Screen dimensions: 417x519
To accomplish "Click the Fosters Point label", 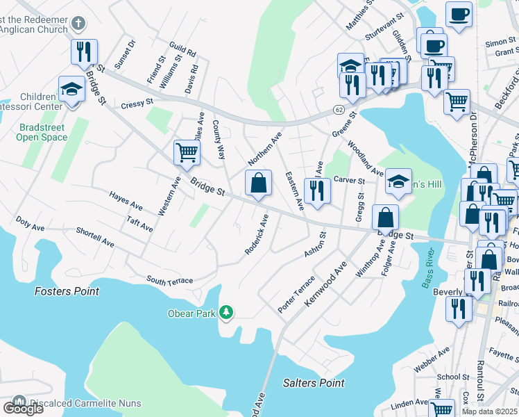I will [x=67, y=291].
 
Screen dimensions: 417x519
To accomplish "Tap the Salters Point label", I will [x=314, y=383].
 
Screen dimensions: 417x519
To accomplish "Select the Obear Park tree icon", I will [x=226, y=313].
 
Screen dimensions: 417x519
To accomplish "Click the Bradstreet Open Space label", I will [x=42, y=131].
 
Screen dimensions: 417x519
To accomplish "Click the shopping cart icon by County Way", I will [x=187, y=152].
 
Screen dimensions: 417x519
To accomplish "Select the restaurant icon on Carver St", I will [x=317, y=189].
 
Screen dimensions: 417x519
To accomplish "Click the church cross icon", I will [x=78, y=22].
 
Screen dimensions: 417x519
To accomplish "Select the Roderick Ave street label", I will [x=256, y=234].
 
